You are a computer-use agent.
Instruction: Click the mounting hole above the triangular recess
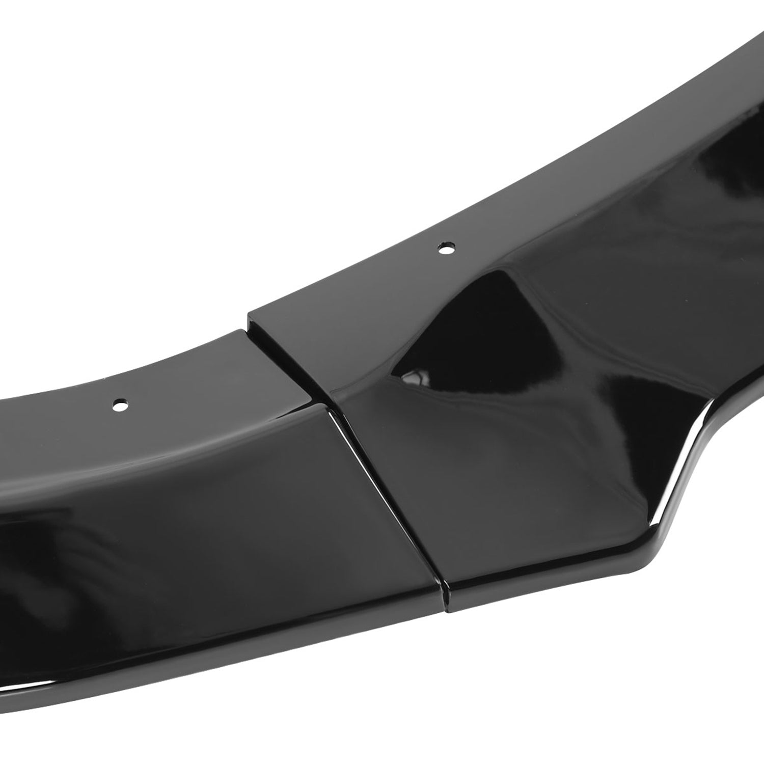click(x=446, y=249)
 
